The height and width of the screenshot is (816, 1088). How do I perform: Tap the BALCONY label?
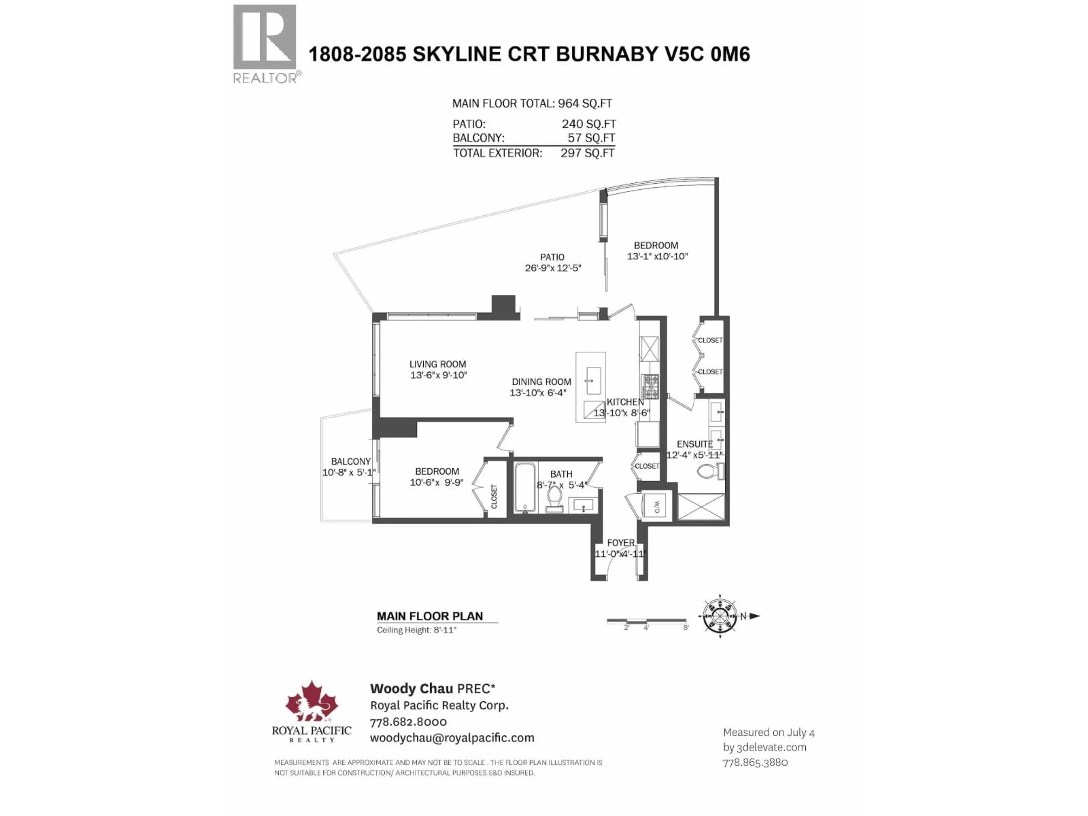(351, 461)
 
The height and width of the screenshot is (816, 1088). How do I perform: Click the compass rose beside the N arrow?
(720, 616)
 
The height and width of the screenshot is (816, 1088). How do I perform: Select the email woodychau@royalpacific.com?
(452, 738)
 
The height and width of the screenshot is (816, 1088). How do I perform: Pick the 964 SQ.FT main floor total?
(585, 104)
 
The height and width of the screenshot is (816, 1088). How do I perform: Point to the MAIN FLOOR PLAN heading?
(430, 616)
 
